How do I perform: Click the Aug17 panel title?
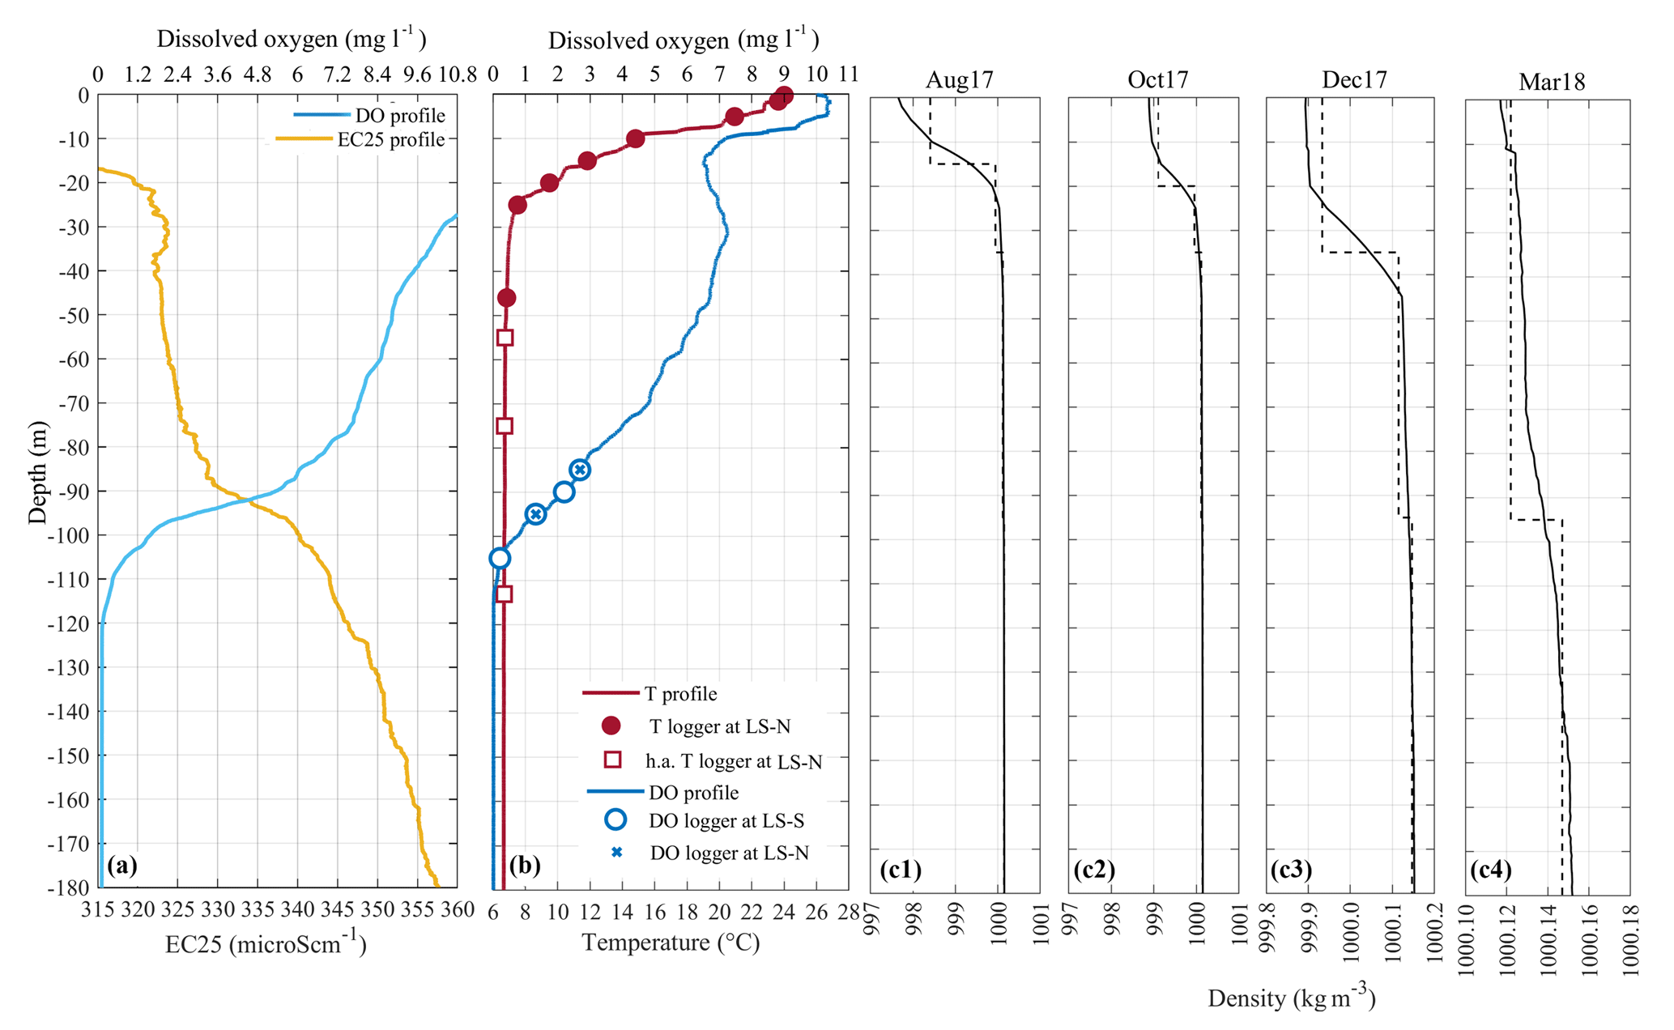point(959,80)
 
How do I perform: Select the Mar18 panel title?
point(1552,82)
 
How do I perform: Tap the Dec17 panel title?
point(1354,80)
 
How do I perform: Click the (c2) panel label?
point(1094,870)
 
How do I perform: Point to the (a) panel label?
point(121,866)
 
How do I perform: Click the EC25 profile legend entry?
point(391,140)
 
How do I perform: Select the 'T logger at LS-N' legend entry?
point(719,726)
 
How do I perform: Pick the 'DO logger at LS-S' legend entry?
point(726,821)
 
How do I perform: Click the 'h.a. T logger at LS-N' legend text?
point(734,761)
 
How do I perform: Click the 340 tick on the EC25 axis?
point(296,910)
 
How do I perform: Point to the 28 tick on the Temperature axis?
point(848,913)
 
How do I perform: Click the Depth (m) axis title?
point(37,472)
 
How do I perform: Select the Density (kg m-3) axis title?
point(1291,998)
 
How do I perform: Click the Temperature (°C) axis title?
point(671,943)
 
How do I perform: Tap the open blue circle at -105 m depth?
point(500,558)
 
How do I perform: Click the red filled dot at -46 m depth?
point(506,298)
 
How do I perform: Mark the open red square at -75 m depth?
point(505,426)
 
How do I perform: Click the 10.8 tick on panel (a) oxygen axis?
point(457,75)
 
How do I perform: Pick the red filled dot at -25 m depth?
point(518,205)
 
